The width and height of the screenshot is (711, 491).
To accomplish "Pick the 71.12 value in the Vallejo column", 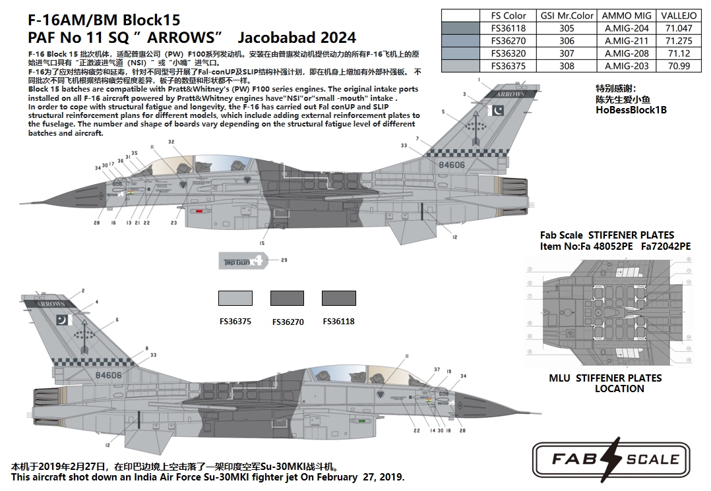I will click(x=679, y=53).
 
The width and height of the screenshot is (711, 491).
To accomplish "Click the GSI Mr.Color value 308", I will click(x=567, y=66).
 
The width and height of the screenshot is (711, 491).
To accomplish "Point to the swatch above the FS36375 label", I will click(x=235, y=299).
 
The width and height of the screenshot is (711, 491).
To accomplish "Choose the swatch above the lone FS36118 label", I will click(x=339, y=299).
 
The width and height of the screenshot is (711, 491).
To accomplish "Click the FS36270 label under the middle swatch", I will click(x=288, y=322).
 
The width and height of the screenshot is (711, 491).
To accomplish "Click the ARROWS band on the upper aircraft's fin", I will click(x=510, y=94).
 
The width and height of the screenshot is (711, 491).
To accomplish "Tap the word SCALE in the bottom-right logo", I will click(x=652, y=459).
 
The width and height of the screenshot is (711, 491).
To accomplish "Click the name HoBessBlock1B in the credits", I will click(x=631, y=110).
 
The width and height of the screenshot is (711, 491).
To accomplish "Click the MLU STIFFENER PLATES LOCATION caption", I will click(x=605, y=384).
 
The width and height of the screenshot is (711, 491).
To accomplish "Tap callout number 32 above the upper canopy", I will click(x=171, y=142).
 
